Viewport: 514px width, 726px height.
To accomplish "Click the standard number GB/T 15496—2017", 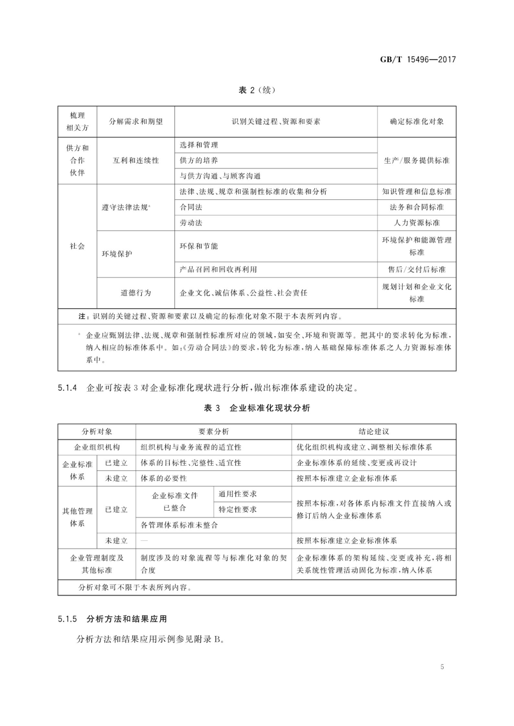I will click(x=418, y=60).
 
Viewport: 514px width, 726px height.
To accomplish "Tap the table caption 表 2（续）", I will click(x=257, y=90).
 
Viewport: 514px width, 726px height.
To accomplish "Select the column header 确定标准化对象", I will click(x=417, y=122).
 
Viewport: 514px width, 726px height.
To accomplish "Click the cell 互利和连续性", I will click(x=136, y=161).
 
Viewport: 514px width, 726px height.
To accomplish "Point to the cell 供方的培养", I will click(x=199, y=161).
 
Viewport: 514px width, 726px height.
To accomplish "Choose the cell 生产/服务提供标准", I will click(x=417, y=161).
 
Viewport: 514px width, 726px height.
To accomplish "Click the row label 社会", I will click(x=77, y=246).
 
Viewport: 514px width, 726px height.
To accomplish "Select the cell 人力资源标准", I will click(x=417, y=223).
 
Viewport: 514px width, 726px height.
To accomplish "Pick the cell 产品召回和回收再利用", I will click(x=218, y=270).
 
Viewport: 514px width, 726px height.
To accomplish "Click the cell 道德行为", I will click(x=136, y=293).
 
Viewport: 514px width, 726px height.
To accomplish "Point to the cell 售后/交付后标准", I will click(x=417, y=270).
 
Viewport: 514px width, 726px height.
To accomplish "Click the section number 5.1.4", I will click(x=67, y=388).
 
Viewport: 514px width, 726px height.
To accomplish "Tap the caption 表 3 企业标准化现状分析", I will click(x=257, y=408).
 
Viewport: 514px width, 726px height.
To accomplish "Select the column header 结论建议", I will click(x=374, y=431).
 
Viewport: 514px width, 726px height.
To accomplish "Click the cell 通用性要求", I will click(x=237, y=494).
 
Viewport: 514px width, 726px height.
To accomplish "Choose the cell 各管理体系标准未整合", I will click(x=179, y=525).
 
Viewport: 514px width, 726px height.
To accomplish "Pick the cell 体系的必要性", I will click(x=164, y=478).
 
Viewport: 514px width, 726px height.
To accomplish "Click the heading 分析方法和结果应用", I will click(x=127, y=619).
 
